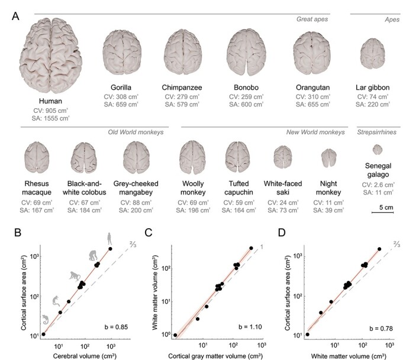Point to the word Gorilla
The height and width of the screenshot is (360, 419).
tap(122, 87)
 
